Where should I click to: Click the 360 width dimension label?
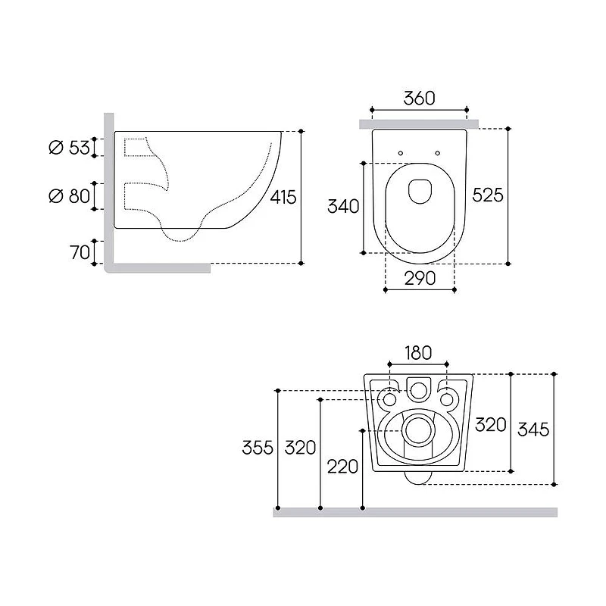[420, 98]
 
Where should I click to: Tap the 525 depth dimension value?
[488, 195]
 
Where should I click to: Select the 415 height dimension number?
[283, 197]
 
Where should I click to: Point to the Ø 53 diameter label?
[70, 147]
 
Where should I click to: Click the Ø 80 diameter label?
[70, 196]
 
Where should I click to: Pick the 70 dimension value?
[80, 252]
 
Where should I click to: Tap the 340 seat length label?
[343, 206]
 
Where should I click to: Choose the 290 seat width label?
[420, 278]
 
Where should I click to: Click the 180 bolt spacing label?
[418, 353]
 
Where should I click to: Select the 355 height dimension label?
[258, 448]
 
